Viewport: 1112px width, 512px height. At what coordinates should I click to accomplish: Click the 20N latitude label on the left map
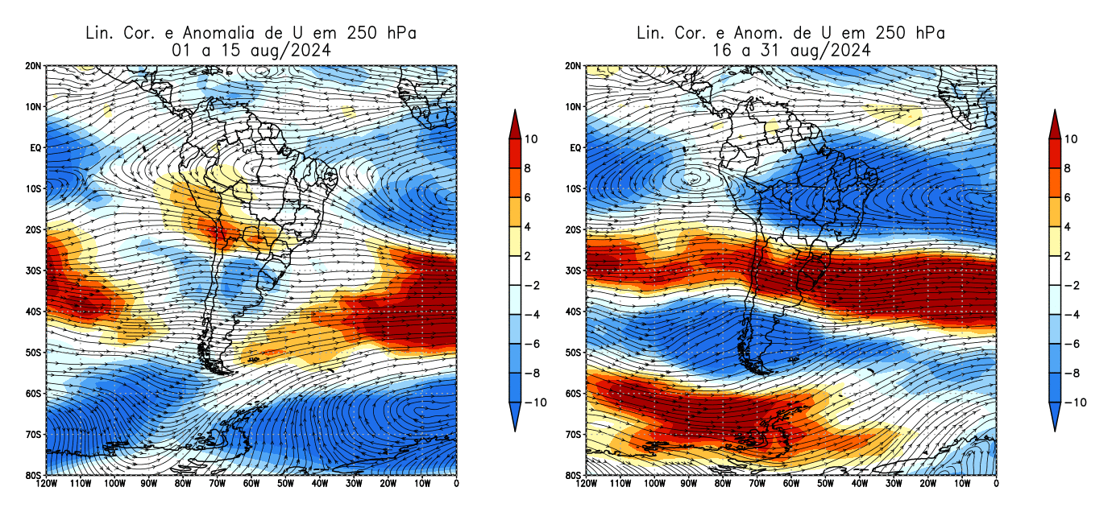tap(33, 65)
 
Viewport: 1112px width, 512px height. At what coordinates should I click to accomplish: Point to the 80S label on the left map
tap(33, 475)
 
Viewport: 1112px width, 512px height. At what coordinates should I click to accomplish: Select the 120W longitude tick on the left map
tap(46, 483)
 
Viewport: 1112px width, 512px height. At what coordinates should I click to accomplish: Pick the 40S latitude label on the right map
tap(573, 312)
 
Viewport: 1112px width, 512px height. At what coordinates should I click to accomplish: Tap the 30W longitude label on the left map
tap(354, 483)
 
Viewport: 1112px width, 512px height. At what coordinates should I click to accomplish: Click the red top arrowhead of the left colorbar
tap(515, 122)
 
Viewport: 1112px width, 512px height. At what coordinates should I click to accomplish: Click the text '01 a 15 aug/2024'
tap(251, 50)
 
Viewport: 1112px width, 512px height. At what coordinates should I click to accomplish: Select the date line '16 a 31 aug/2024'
tap(790, 50)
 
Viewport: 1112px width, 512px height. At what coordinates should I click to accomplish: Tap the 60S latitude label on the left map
tap(33, 393)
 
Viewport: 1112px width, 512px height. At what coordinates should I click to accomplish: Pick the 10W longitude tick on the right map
tap(962, 483)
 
